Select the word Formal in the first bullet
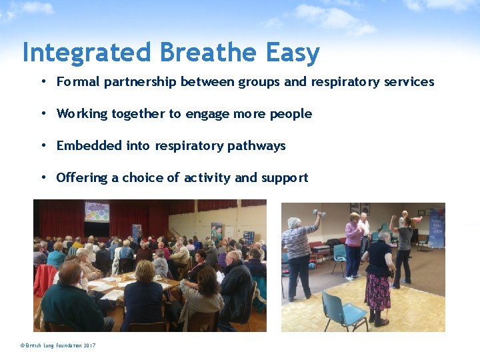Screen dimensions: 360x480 pos(77,82)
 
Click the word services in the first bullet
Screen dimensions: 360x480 pos(409,82)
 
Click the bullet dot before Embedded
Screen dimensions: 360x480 pos(43,145)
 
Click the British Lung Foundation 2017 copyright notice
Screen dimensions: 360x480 pos(58,345)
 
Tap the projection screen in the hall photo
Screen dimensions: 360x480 pos(97,211)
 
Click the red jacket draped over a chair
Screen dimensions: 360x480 pos(44,279)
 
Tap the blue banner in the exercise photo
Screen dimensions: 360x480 pos(436,229)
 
